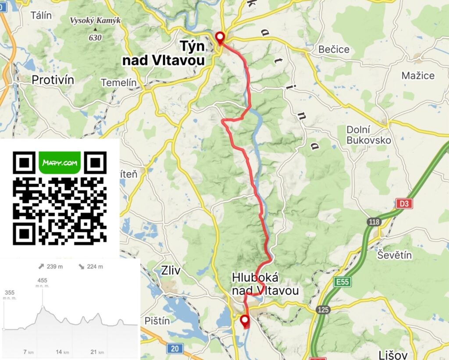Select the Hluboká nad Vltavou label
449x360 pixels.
click(x=265, y=284)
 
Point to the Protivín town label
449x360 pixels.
click(x=53, y=80)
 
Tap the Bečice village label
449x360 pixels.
click(x=334, y=49)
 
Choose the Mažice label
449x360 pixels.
click(x=418, y=75)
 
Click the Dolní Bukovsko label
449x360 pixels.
click(x=369, y=135)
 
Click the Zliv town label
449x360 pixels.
click(x=171, y=271)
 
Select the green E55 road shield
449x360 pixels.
click(x=342, y=282)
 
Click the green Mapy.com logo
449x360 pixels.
click(x=60, y=163)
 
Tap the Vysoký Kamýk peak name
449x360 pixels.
click(x=95, y=21)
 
